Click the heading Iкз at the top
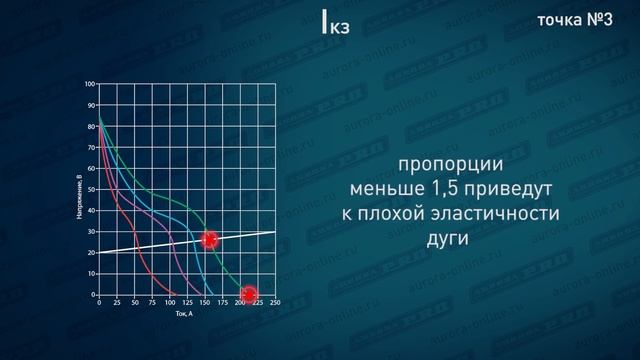point(335,25)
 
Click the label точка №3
point(574,23)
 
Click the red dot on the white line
point(209,240)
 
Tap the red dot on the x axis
point(249,294)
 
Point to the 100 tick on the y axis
point(89,83)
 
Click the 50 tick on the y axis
point(90,189)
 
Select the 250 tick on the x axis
point(274,302)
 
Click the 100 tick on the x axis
point(169,302)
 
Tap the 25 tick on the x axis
point(116,302)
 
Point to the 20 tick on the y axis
point(90,253)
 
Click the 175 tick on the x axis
point(222,302)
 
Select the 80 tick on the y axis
point(90,126)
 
